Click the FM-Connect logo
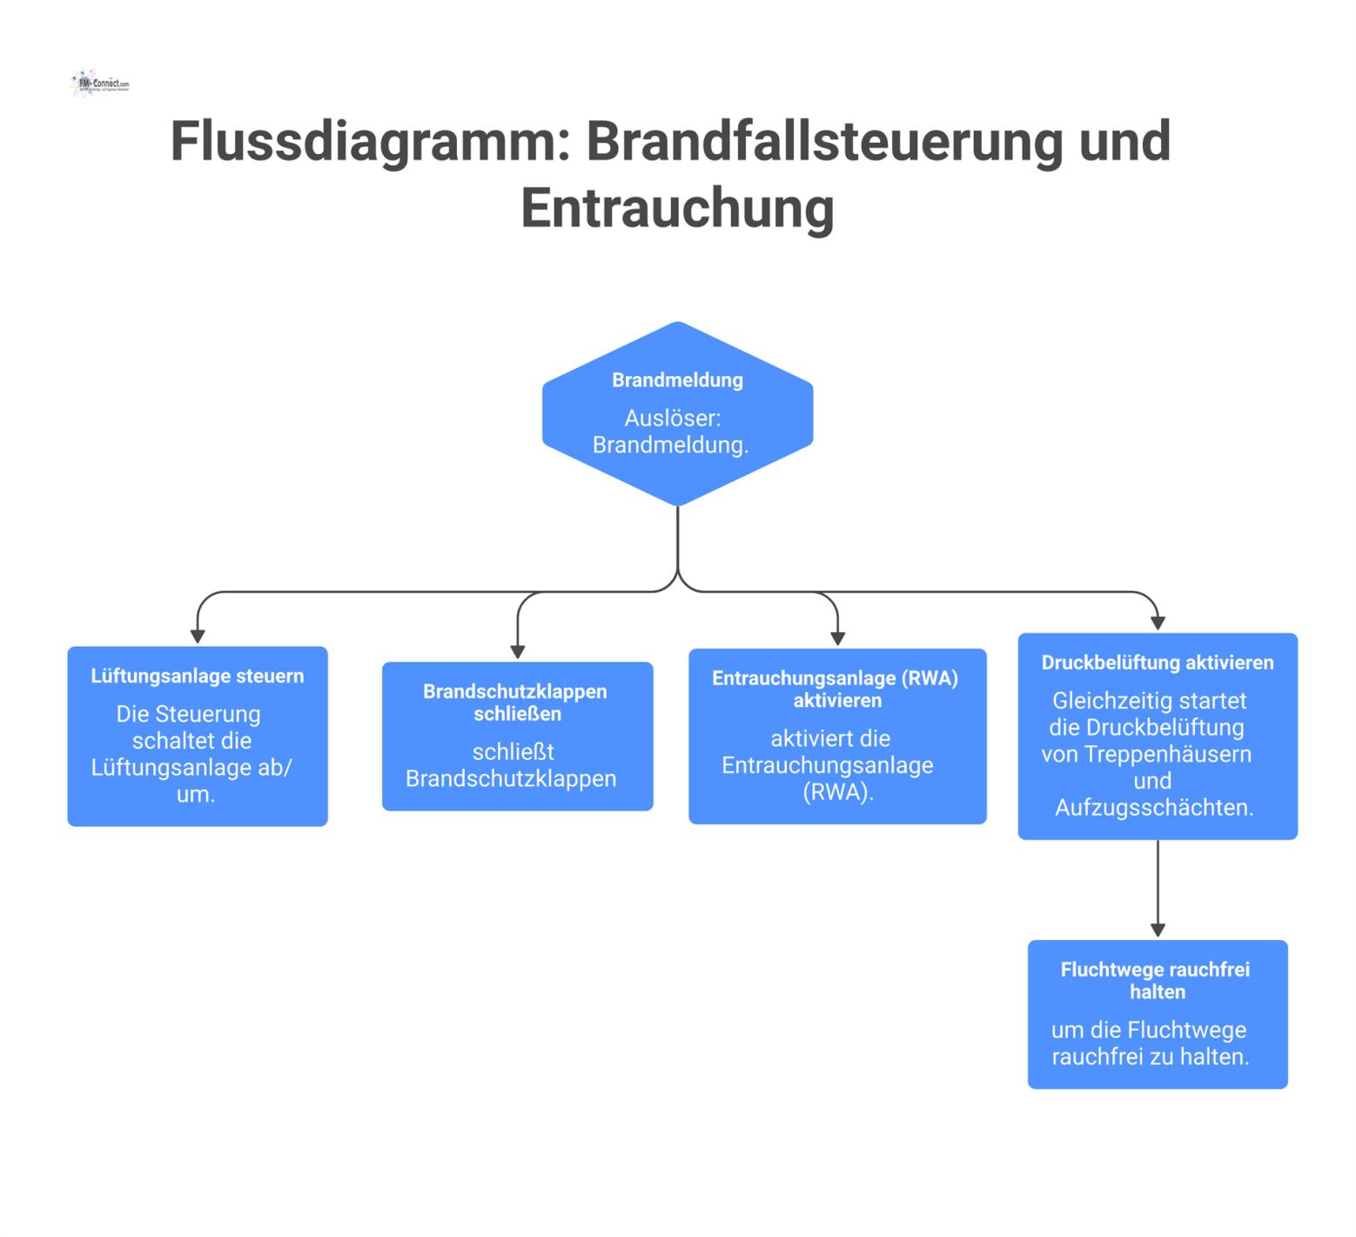click(99, 84)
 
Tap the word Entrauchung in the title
click(677, 208)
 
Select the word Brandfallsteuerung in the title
click(824, 141)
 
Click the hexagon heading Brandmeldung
click(677, 380)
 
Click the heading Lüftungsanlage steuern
click(198, 676)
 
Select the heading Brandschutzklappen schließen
click(516, 703)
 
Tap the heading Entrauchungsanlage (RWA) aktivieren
click(836, 689)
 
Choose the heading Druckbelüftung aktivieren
click(1158, 663)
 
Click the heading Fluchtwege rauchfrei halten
click(1157, 981)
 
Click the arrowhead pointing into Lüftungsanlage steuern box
click(198, 637)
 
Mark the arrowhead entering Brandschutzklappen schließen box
click(518, 652)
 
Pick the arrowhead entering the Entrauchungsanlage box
click(838, 639)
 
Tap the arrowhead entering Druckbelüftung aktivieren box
click(1158, 623)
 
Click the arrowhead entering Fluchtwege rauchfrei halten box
click(1158, 931)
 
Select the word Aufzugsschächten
click(1154, 808)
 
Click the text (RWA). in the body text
click(837, 792)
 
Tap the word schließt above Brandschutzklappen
click(514, 752)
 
